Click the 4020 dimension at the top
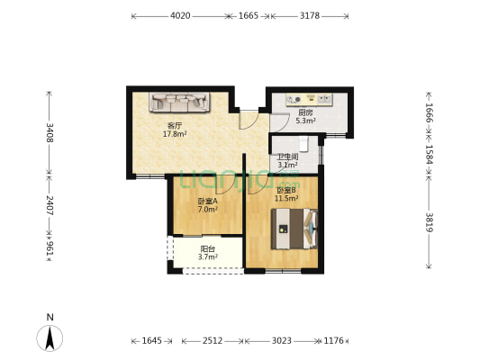click(180, 15)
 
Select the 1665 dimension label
click(249, 15)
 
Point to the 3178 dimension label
click(310, 15)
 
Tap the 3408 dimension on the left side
click(50, 132)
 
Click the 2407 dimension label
click(50, 205)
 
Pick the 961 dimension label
click(50, 248)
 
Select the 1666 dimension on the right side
click(430, 112)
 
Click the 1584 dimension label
click(430, 155)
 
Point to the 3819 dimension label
click(430, 222)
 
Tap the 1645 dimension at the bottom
click(152, 341)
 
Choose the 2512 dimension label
click(213, 341)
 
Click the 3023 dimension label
click(282, 341)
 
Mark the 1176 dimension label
click(334, 341)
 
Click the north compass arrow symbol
click(50, 338)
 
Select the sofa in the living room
click(179, 103)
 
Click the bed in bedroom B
click(294, 229)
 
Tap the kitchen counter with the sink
click(309, 99)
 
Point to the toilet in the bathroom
click(303, 144)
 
